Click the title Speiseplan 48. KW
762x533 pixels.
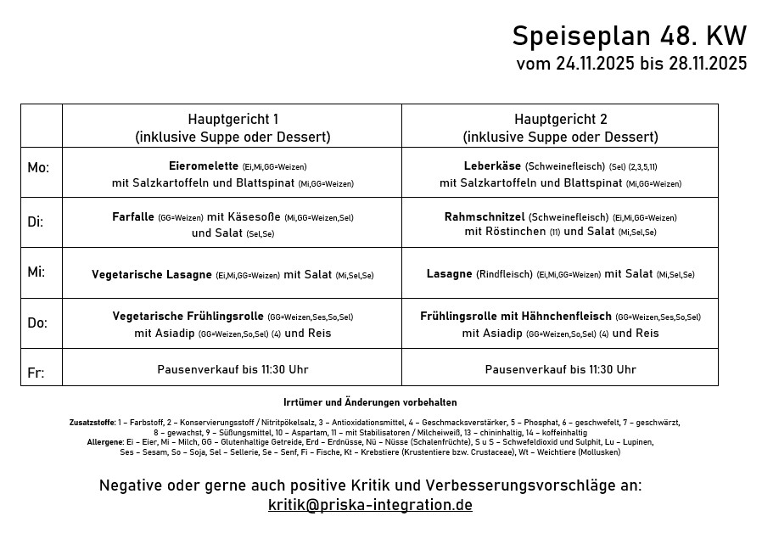[x=629, y=36]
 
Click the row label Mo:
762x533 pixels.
[x=38, y=168]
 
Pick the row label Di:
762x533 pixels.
[x=36, y=222]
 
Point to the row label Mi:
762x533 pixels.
[x=36, y=272]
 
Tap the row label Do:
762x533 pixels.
[x=37, y=323]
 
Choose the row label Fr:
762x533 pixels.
[x=35, y=373]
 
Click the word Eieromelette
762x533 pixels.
[x=205, y=166]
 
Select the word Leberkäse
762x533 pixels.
[x=492, y=166]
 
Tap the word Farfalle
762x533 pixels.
[x=133, y=217]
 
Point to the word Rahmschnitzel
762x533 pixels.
[x=485, y=217]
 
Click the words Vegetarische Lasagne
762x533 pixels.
[x=152, y=274]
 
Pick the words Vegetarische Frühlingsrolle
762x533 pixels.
[x=188, y=316]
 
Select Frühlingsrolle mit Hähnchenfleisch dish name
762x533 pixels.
[x=516, y=316]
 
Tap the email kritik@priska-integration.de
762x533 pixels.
[x=370, y=505]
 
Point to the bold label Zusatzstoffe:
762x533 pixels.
[x=92, y=422]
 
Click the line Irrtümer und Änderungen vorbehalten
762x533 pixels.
[x=370, y=402]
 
